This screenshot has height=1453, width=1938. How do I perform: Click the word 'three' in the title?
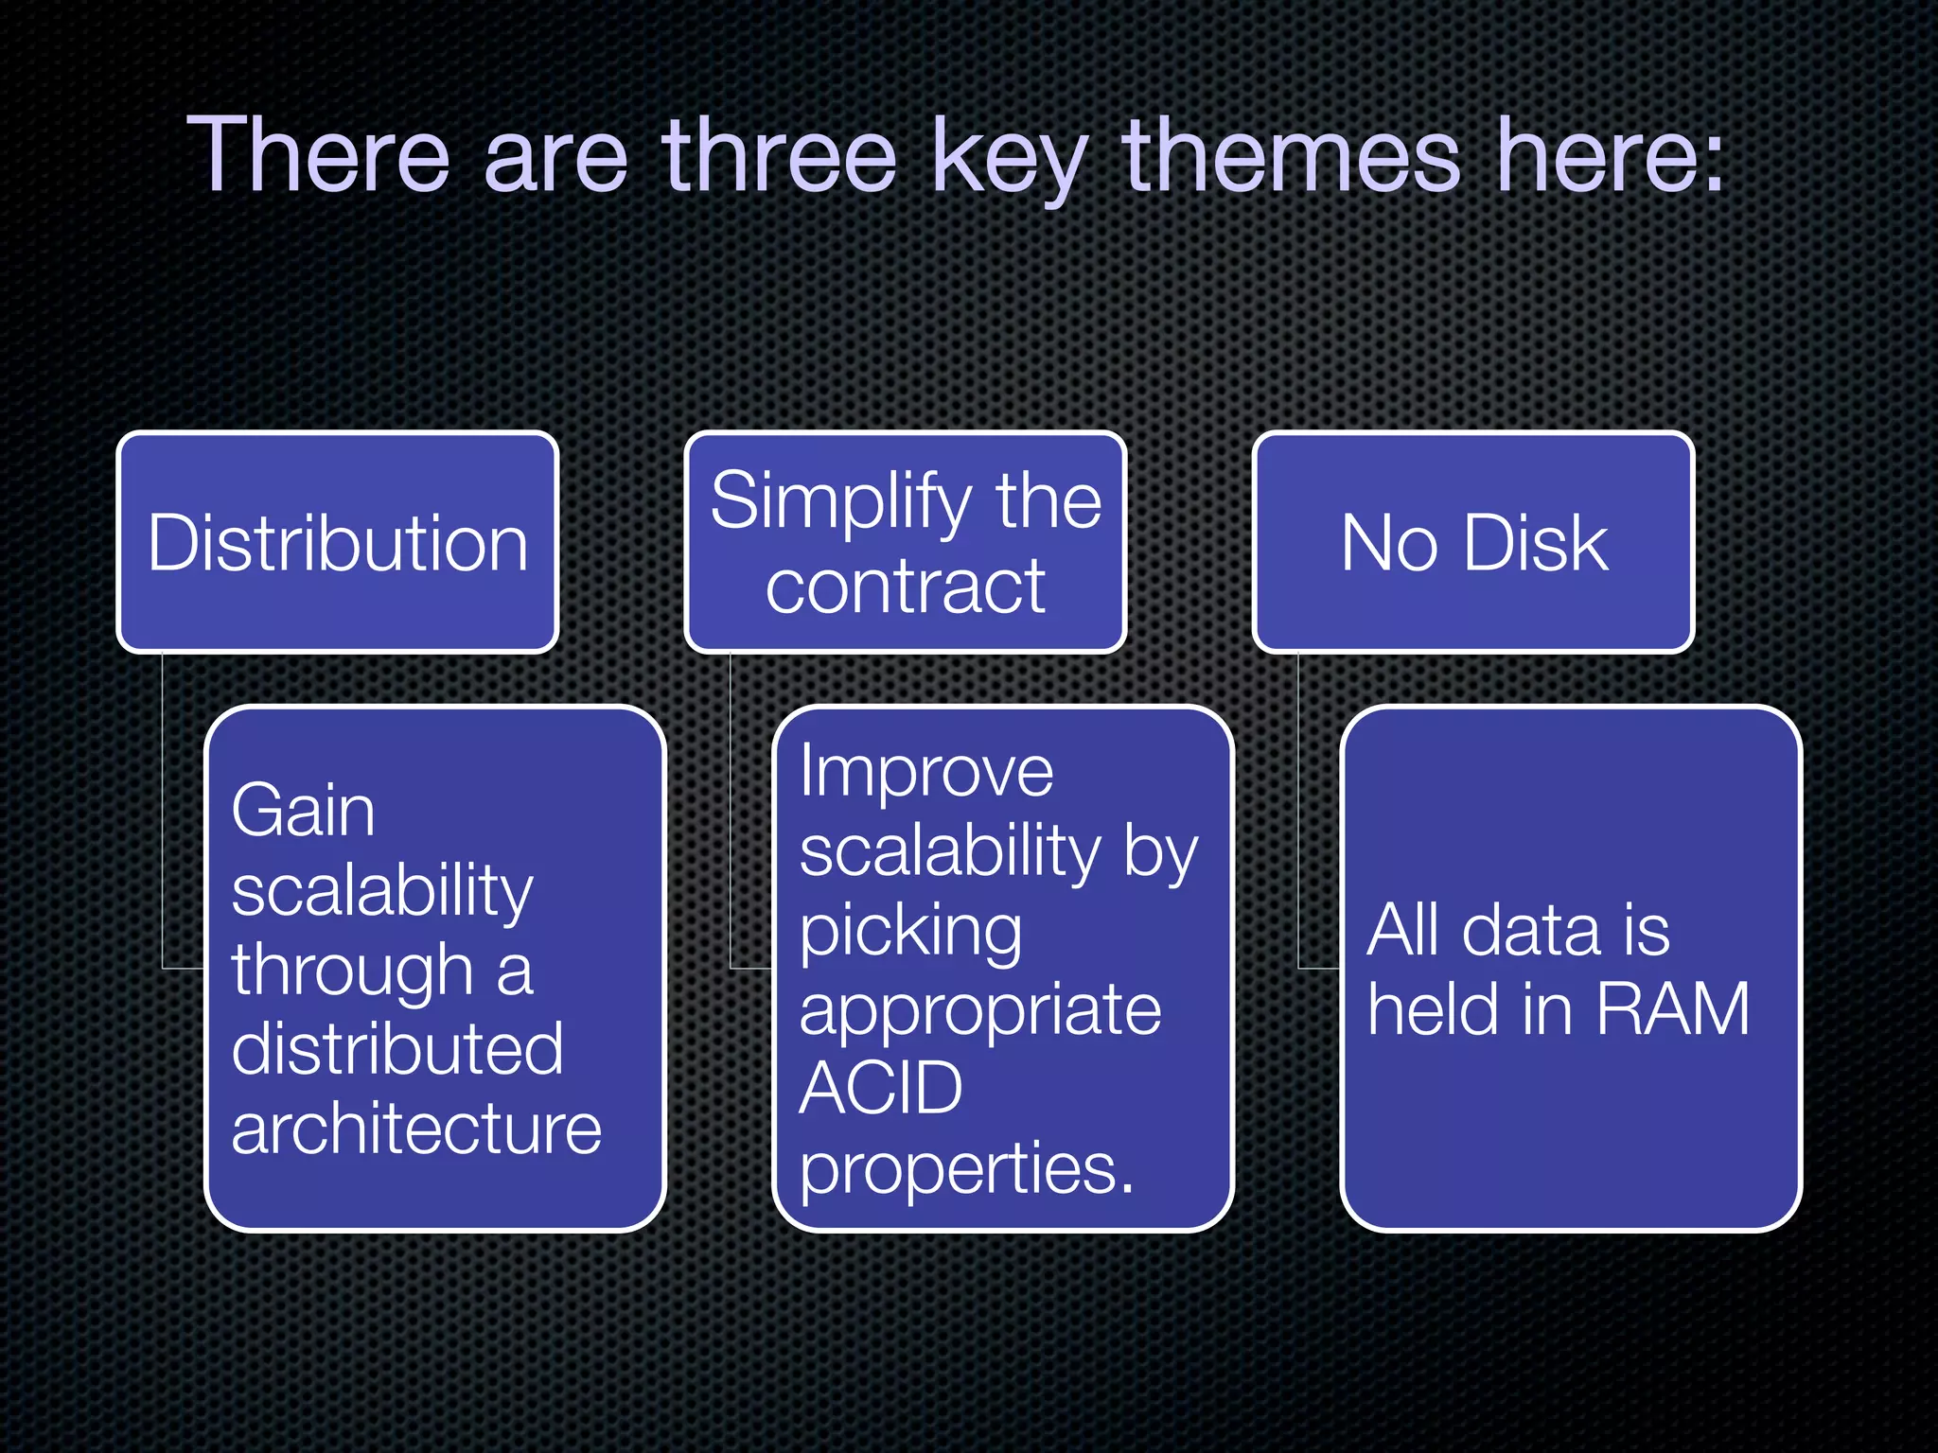tap(778, 155)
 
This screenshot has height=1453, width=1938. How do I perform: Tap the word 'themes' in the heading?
tap(1292, 155)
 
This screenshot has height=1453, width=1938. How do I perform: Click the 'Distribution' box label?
tap(338, 544)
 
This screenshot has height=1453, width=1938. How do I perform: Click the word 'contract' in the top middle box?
tap(906, 586)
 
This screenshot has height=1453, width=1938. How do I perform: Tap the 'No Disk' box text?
tap(1473, 544)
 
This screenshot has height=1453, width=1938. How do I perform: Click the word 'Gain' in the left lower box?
tap(303, 812)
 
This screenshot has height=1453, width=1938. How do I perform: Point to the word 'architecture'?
tap(416, 1129)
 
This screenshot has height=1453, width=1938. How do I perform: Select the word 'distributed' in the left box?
tap(397, 1049)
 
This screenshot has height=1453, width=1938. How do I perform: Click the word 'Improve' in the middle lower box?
tap(925, 772)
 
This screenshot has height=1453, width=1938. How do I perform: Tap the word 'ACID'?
tap(880, 1089)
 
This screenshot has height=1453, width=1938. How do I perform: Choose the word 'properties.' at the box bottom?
tap(965, 1169)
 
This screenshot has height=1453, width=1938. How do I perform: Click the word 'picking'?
tap(910, 933)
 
